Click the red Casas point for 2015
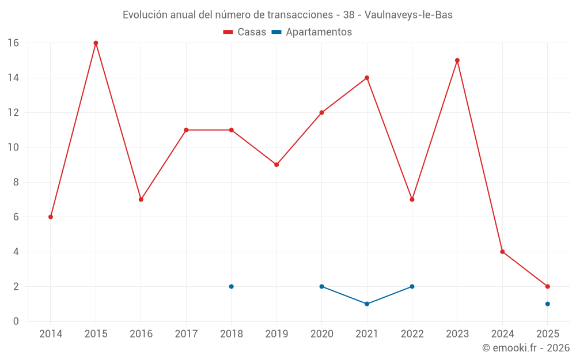click(x=96, y=43)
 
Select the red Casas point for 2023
click(x=457, y=60)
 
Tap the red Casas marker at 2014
click(x=51, y=217)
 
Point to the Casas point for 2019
click(x=276, y=165)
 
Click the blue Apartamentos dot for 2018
click(x=232, y=286)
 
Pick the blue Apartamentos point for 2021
click(x=367, y=304)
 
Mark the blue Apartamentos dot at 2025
click(x=548, y=304)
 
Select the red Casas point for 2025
click(x=548, y=286)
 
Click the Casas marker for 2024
click(x=502, y=252)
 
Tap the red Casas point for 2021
click(x=367, y=78)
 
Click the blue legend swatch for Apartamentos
click(x=276, y=32)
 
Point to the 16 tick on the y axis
click(x=13, y=43)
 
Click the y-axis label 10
click(x=13, y=147)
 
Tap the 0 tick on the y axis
click(x=16, y=321)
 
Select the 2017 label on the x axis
click(x=186, y=334)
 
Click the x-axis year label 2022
click(x=412, y=334)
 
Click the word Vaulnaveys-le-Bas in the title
click(x=408, y=15)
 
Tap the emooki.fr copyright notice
click(x=525, y=348)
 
